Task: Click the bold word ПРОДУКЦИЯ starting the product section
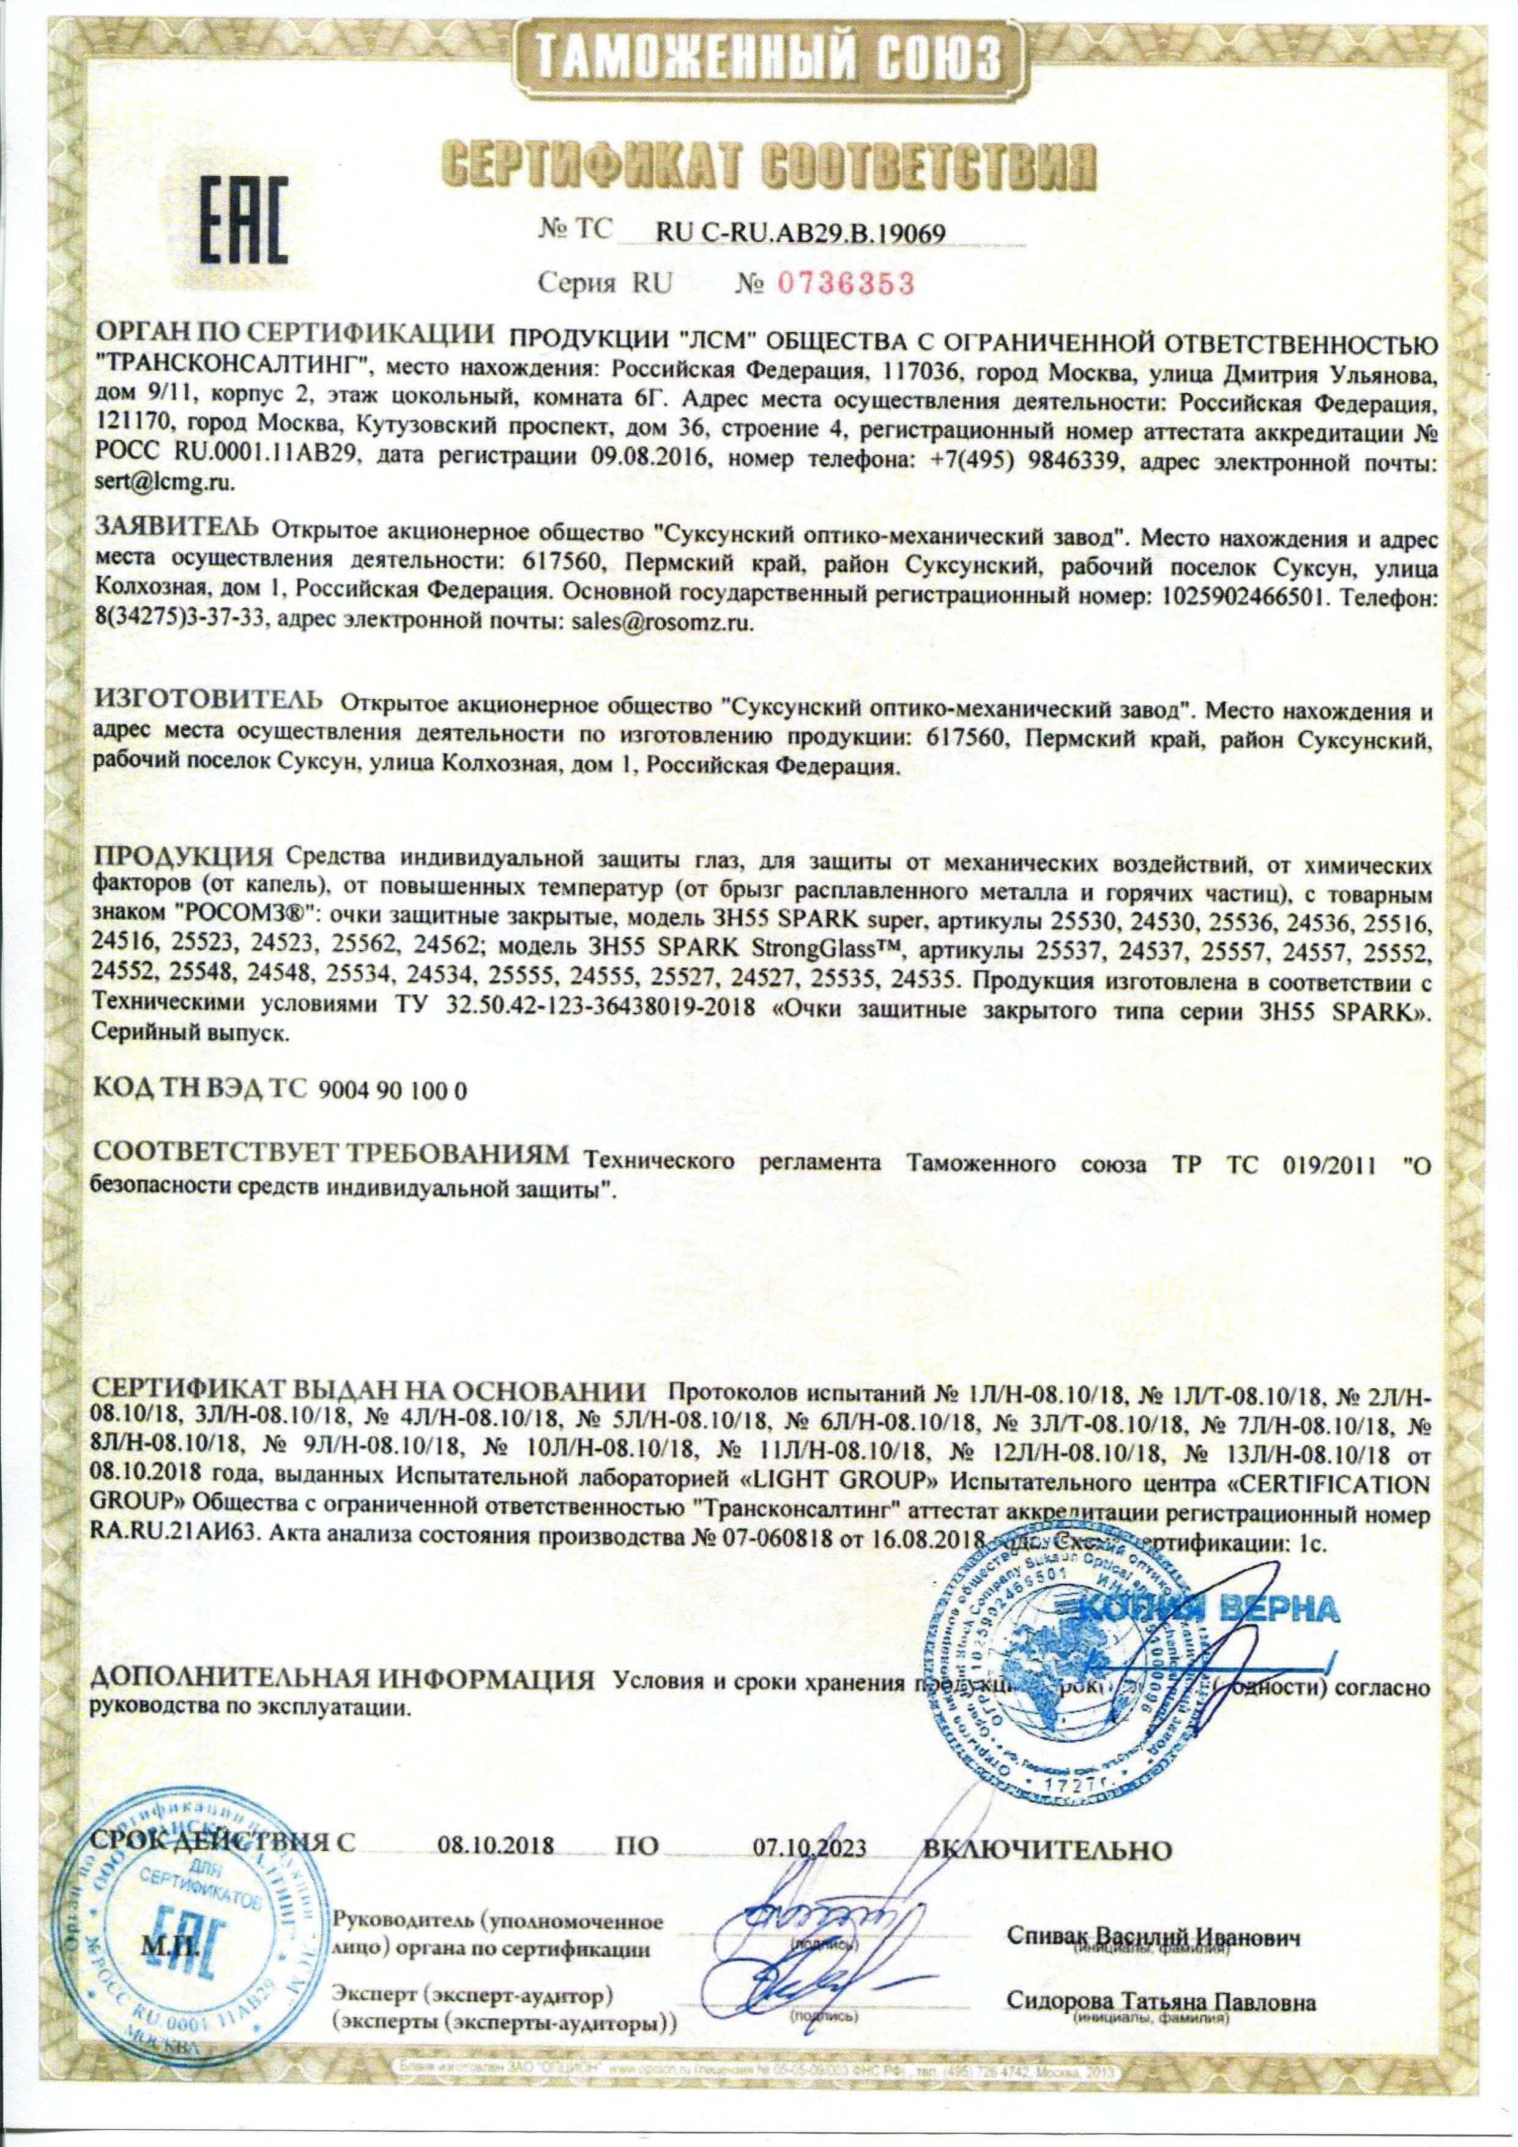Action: coord(184,857)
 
